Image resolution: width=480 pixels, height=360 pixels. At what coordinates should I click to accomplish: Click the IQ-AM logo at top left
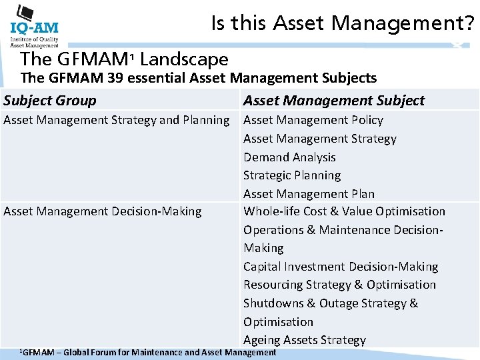click(34, 27)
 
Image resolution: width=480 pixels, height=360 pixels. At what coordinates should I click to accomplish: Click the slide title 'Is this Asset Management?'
click(343, 24)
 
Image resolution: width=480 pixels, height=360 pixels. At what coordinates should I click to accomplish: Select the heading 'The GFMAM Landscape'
click(125, 59)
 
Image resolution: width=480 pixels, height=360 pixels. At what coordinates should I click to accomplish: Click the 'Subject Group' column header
click(50, 101)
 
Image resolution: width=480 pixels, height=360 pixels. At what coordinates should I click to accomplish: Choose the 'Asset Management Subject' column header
click(333, 101)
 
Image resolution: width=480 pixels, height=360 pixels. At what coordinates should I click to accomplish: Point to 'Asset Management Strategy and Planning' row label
click(117, 120)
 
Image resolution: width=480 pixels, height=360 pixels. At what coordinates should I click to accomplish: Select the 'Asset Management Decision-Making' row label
click(103, 211)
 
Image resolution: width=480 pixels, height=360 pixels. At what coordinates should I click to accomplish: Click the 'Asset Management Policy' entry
click(313, 120)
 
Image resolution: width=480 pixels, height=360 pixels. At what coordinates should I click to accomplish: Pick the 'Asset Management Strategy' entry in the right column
click(319, 139)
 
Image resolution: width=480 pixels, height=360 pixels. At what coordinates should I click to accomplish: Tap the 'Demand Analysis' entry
click(289, 157)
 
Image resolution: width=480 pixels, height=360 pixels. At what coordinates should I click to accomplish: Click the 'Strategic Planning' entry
click(292, 175)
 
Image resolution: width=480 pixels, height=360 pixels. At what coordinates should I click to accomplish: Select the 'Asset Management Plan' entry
click(309, 194)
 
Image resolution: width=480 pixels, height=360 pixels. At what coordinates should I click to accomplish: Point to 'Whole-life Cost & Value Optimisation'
click(344, 211)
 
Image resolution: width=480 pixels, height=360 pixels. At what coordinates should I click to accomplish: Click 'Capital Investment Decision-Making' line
click(341, 267)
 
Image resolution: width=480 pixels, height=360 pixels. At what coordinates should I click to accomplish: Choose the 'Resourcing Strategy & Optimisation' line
click(339, 285)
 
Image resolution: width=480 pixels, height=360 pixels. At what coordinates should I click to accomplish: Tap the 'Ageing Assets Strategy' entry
click(304, 340)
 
